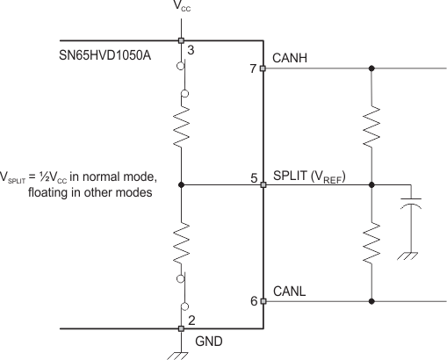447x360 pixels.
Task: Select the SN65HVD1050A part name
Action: click(x=116, y=56)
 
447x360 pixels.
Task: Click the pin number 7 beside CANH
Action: click(x=253, y=68)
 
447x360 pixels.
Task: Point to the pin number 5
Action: click(x=253, y=179)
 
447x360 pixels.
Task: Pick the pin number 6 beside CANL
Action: click(x=253, y=301)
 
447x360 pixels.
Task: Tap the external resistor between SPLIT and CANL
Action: click(x=372, y=241)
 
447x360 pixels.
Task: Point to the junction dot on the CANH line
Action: click(x=372, y=68)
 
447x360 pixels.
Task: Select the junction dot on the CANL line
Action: click(x=372, y=300)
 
